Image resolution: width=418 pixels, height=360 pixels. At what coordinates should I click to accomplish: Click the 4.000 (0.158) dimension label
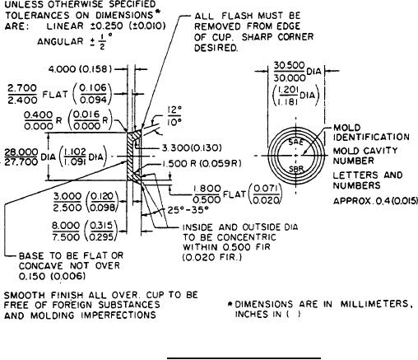coord(80,69)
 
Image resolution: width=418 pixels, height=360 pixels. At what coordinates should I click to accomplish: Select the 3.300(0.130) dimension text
coord(192,148)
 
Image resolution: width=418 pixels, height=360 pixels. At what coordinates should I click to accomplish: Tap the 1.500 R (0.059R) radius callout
coord(202,164)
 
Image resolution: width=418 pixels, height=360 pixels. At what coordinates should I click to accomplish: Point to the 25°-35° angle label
coord(188,210)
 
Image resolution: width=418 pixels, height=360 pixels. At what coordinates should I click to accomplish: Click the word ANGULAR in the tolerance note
coord(60,42)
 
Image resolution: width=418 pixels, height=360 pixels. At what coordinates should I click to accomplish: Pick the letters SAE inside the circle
coord(296,143)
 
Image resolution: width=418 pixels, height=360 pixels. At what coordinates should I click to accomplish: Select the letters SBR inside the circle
coord(296,169)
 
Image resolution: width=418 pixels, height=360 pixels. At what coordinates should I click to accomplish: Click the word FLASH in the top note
coord(237,16)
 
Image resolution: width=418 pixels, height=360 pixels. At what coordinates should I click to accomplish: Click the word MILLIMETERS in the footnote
coord(377,304)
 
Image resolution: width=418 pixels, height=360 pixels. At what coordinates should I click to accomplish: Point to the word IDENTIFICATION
coord(371,137)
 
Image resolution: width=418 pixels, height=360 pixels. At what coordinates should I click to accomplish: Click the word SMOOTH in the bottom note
coord(25,296)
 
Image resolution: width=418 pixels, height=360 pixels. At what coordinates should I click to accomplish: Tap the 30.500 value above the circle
coord(290,66)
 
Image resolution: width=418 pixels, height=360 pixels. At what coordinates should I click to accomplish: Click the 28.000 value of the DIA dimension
coord(21,152)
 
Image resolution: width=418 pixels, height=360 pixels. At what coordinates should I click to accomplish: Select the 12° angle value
coord(174,110)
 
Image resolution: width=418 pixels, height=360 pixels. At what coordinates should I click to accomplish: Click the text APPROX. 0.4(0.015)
coord(375,201)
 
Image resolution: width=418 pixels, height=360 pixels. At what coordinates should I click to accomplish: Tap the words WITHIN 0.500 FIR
coord(226,247)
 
